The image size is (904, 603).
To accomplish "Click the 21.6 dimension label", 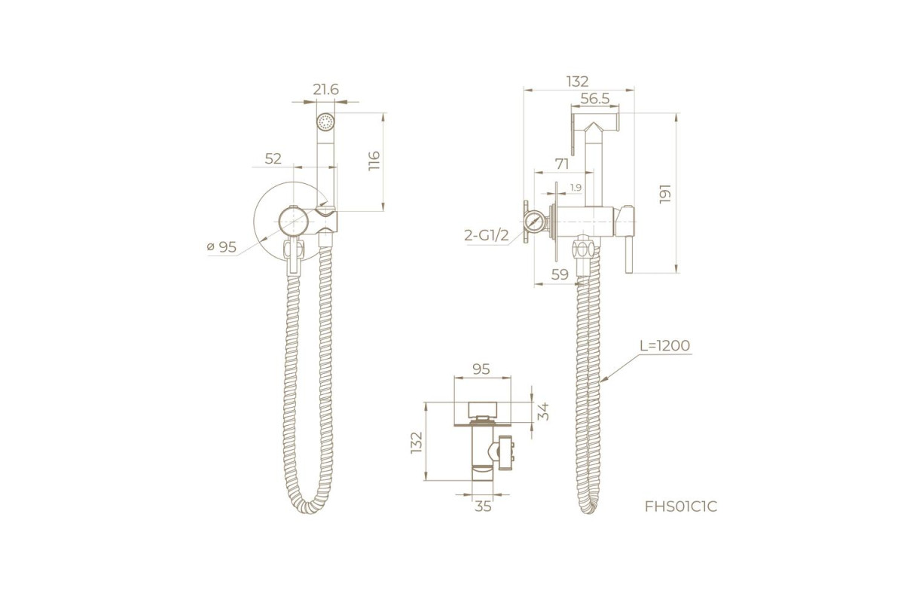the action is (325, 89).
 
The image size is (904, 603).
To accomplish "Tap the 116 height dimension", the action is (374, 161).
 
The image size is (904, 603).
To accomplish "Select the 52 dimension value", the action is (273, 159).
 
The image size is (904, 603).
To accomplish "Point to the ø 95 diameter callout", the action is (221, 246).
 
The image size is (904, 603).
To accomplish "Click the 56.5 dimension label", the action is (595, 98).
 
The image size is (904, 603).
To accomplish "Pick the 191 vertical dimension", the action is (664, 194).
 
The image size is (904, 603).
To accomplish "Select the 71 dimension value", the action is (562, 164).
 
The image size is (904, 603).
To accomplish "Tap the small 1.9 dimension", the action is (576, 188).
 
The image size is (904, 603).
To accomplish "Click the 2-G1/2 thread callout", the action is (487, 235).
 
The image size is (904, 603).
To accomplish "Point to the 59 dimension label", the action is (560, 274).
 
